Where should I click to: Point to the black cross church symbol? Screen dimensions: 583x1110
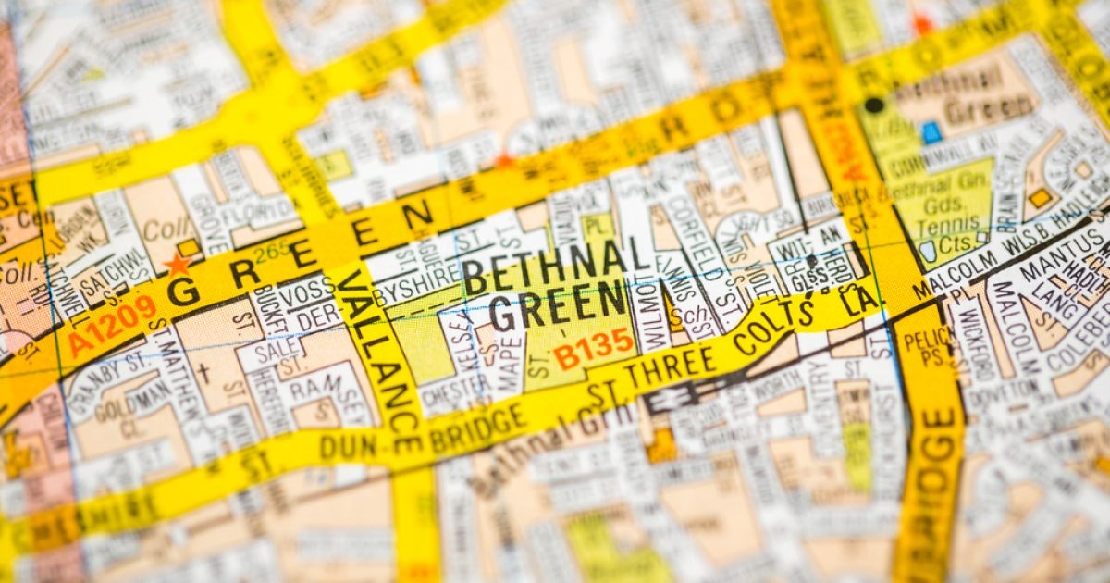coord(203,373)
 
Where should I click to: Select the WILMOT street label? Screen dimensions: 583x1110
coord(652,316)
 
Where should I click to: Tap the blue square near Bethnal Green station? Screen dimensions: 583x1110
coord(931,132)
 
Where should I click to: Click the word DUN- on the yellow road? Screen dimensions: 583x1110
coord(348,445)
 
